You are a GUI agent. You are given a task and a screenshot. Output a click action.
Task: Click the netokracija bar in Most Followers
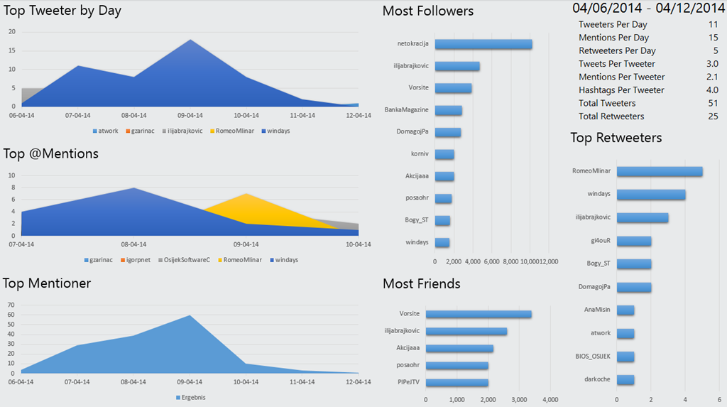483,44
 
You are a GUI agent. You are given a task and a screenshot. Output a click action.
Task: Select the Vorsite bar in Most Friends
479,314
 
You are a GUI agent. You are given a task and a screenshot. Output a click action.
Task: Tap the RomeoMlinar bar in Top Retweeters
660,171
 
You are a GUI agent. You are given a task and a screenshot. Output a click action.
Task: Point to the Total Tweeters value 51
713,103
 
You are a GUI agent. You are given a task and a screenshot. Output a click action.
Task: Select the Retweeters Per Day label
617,50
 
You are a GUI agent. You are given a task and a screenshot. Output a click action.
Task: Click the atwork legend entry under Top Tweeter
106,131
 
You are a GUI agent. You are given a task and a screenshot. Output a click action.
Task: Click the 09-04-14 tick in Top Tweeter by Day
190,115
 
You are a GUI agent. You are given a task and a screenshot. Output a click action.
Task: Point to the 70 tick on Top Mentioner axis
11,304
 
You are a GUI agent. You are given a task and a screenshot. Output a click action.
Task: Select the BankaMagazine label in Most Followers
409,110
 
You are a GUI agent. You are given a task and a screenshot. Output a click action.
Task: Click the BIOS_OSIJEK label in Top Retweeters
592,356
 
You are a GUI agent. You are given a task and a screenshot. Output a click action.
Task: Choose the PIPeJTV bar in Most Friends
457,382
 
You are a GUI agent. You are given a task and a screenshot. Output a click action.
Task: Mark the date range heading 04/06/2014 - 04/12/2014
648,9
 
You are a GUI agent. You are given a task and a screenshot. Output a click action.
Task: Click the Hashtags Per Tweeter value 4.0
713,90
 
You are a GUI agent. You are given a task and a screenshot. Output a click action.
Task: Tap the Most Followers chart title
428,11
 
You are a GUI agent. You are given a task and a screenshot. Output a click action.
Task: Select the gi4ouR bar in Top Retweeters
634,241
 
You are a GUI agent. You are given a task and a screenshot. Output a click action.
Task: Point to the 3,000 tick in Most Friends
520,399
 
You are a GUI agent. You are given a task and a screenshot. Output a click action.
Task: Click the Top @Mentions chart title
50,153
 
